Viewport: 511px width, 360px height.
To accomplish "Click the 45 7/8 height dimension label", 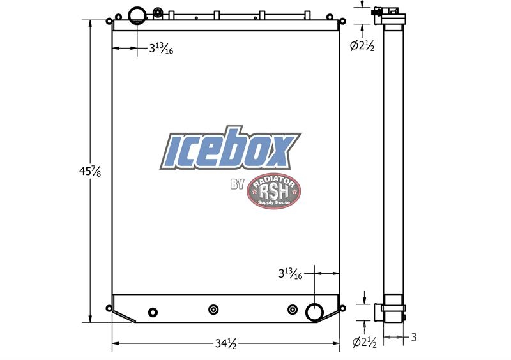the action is click(x=90, y=171).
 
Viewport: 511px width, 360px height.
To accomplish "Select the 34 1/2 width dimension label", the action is click(x=225, y=343).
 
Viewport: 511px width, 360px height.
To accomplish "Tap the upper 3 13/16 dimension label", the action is click(x=161, y=49).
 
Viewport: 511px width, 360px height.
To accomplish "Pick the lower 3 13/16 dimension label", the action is click(x=291, y=274).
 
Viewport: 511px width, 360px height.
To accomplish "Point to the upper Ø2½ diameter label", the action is click(x=362, y=46).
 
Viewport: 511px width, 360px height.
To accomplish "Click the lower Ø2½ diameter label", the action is click(x=364, y=342).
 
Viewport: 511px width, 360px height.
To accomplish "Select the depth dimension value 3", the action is click(x=413, y=337).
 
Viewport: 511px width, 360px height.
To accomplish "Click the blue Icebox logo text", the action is click(x=231, y=148).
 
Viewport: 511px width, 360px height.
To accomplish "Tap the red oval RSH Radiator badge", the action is click(x=274, y=191).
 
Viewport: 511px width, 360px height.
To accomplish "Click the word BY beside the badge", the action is click(x=237, y=184).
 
